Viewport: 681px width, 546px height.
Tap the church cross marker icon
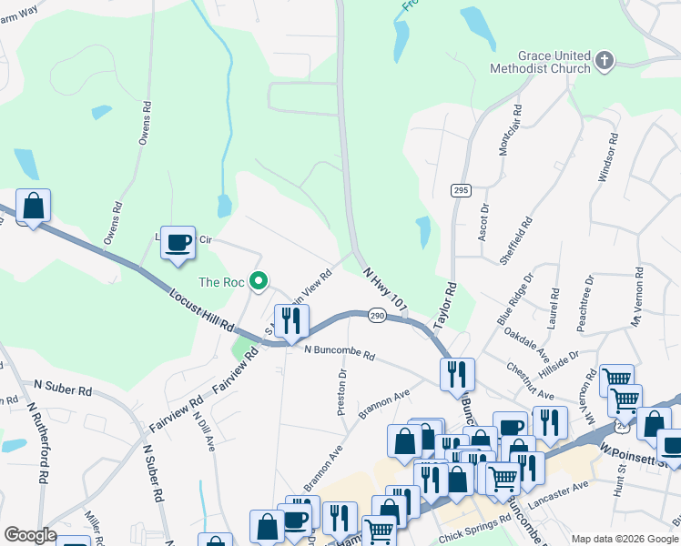(x=604, y=61)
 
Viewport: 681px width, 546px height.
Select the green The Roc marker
(x=259, y=282)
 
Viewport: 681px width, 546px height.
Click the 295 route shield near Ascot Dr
(x=460, y=189)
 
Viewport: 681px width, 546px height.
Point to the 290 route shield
(x=378, y=315)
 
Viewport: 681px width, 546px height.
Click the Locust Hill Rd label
(x=201, y=310)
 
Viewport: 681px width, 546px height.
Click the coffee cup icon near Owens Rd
(x=178, y=242)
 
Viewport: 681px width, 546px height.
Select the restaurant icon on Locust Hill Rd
(x=291, y=320)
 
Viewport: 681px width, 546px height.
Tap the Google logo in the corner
(x=30, y=534)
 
